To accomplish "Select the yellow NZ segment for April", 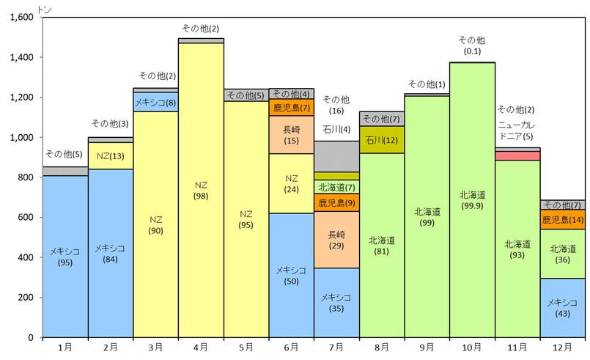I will [201, 191].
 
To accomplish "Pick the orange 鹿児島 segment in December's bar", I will [563, 219].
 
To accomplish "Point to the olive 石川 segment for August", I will [382, 139].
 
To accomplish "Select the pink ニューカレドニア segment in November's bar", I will [517, 155].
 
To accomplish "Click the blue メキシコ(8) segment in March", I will [155, 102].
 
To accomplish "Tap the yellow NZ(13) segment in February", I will [111, 155].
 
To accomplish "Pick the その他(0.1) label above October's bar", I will [472, 45].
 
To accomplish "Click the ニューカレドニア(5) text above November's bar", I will [517, 131].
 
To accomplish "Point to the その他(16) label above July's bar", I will [336, 105].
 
